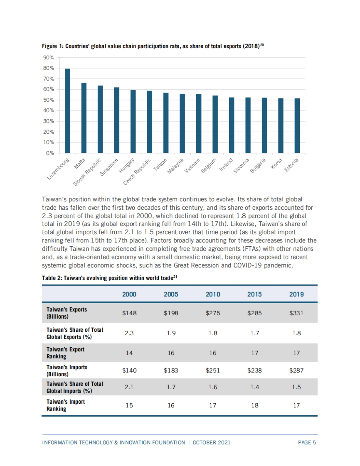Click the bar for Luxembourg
click(x=67, y=111)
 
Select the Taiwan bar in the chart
click(x=166, y=123)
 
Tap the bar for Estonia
click(x=297, y=126)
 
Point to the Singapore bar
click(x=117, y=120)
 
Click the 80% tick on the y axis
click(x=49, y=68)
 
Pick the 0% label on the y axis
click(x=50, y=153)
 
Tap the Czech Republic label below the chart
click(x=137, y=172)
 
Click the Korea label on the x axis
click(x=276, y=164)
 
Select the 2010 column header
click(x=213, y=294)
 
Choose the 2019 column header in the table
click(x=296, y=294)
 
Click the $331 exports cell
click(x=296, y=313)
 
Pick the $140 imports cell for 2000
click(x=129, y=370)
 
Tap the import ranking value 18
click(x=255, y=405)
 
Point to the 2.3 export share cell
click(x=129, y=333)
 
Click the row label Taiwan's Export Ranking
click(x=65, y=353)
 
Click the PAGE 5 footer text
click(x=307, y=443)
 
